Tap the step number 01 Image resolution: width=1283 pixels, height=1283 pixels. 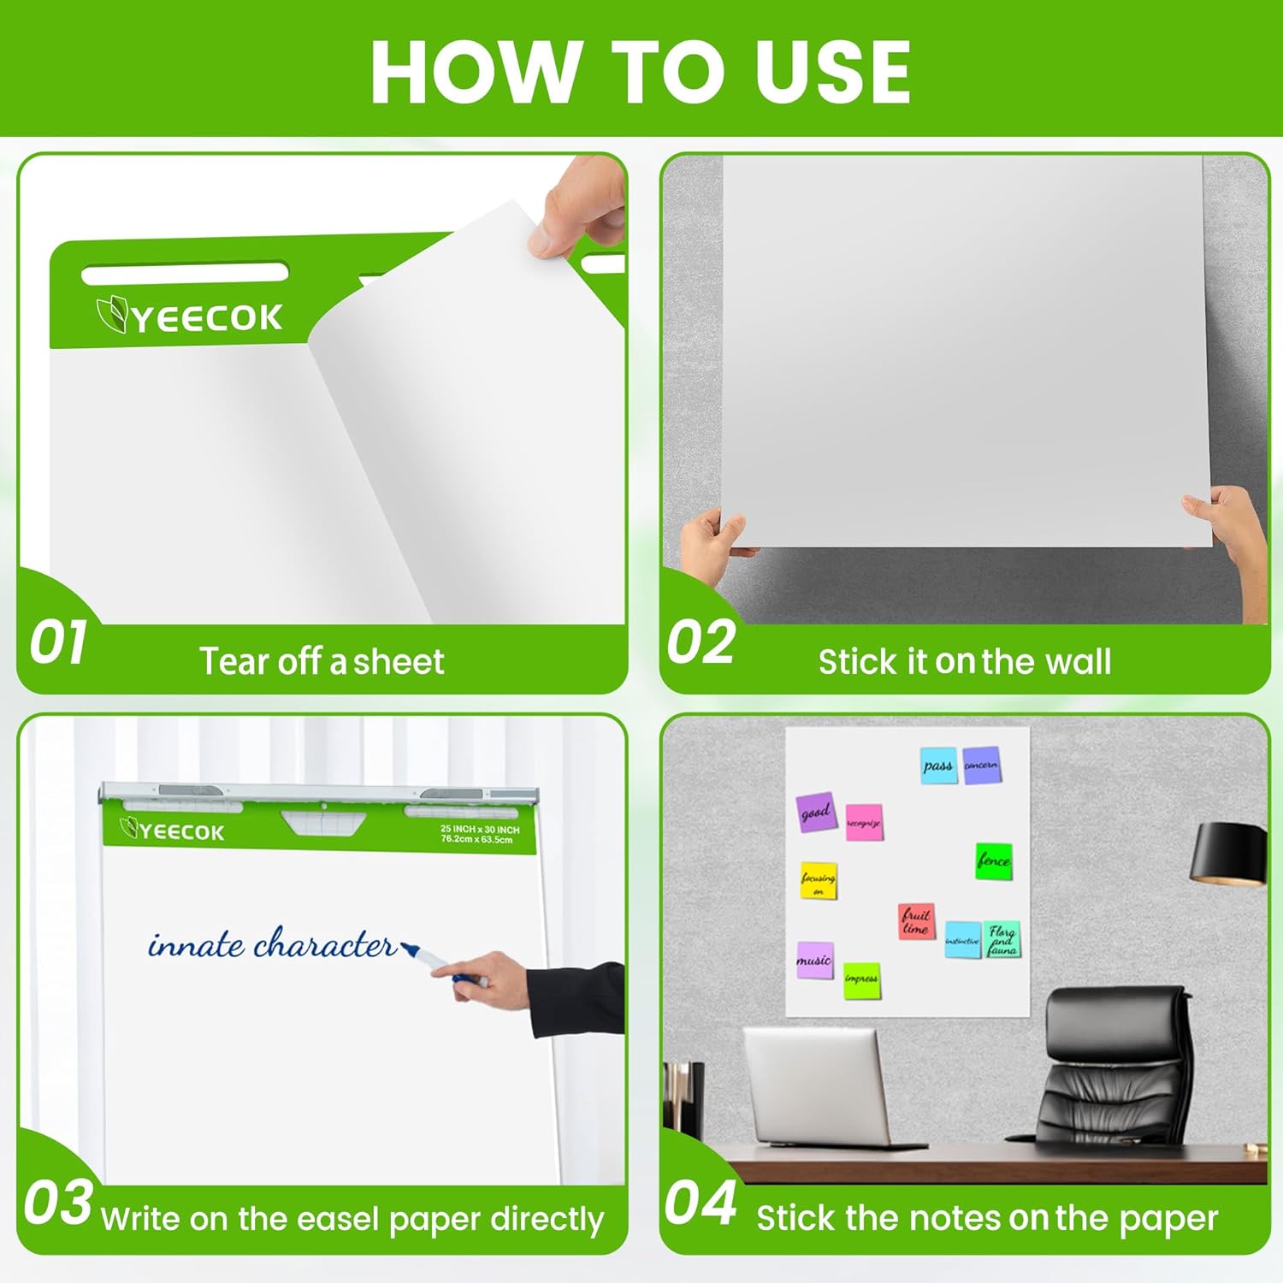pyautogui.click(x=57, y=643)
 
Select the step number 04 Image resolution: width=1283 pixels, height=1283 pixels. pyautogui.click(x=701, y=1203)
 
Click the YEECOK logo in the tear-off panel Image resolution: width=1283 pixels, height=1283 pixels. pyautogui.click(x=190, y=317)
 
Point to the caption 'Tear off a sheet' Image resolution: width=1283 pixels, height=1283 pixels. pyautogui.click(x=322, y=662)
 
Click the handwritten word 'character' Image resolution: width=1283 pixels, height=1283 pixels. pyautogui.click(x=325, y=944)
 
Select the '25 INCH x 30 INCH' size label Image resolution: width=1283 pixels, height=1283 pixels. pyautogui.click(x=480, y=829)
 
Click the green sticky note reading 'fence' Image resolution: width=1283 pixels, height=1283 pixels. pyautogui.click(x=994, y=860)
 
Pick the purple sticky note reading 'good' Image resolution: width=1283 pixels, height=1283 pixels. pyautogui.click(x=816, y=812)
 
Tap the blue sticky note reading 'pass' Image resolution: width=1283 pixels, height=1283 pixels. pyautogui.click(x=938, y=766)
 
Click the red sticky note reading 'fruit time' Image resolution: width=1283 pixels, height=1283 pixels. pyautogui.click(x=916, y=921)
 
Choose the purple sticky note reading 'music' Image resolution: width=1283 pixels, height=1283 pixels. pyautogui.click(x=814, y=960)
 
